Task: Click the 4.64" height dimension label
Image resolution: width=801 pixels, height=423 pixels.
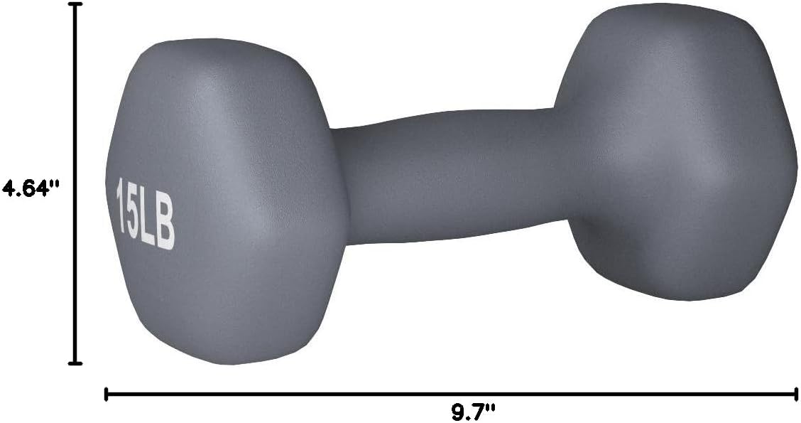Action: [28, 189]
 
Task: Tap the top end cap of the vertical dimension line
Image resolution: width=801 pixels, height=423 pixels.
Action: [75, 4]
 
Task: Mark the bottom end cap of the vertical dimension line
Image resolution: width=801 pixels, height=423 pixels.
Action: [75, 363]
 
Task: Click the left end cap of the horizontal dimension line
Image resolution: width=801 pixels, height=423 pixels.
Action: [106, 393]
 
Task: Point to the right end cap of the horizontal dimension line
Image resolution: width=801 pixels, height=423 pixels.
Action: [795, 393]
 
